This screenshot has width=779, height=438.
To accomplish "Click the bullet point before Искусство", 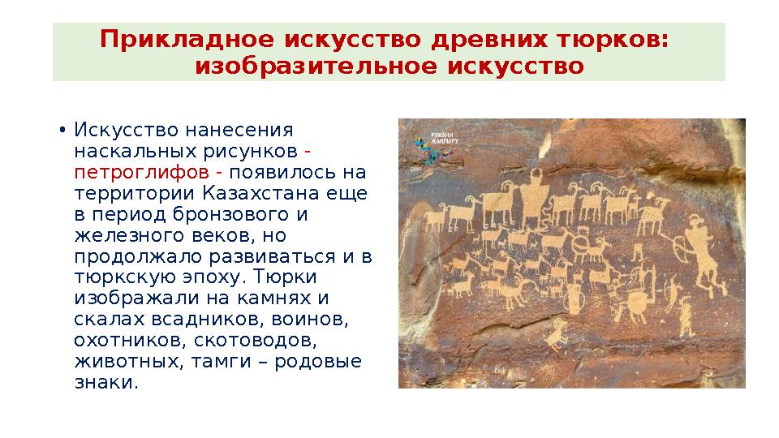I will [62, 131].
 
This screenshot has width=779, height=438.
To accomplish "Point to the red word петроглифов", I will [140, 173].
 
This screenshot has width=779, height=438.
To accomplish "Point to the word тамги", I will [218, 362].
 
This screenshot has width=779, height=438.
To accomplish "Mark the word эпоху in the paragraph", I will [213, 277].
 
